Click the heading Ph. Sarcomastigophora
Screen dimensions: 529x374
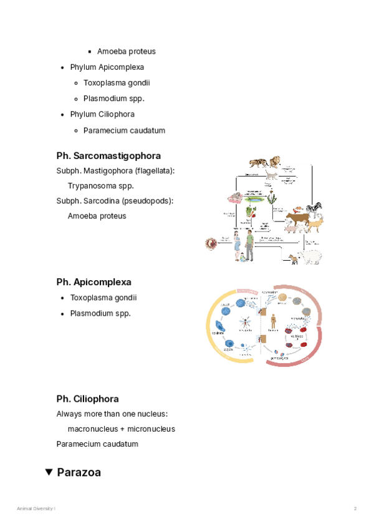tap(108, 156)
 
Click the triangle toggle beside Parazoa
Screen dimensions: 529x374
tap(49, 473)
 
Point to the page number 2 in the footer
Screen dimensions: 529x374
tap(355, 509)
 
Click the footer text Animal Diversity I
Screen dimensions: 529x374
tap(36, 509)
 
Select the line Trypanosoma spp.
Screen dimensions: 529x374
tap(101, 186)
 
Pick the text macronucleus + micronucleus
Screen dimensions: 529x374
tap(121, 429)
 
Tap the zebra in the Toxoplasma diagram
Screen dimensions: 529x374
tap(315, 207)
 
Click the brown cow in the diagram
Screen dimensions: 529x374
tap(297, 220)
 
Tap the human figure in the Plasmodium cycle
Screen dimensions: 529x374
tap(272, 321)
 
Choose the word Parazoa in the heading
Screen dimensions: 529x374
tap(79, 473)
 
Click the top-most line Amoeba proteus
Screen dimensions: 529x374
tap(127, 51)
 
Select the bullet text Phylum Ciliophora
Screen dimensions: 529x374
tap(102, 115)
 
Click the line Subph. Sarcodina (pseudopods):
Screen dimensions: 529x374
tap(115, 201)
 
